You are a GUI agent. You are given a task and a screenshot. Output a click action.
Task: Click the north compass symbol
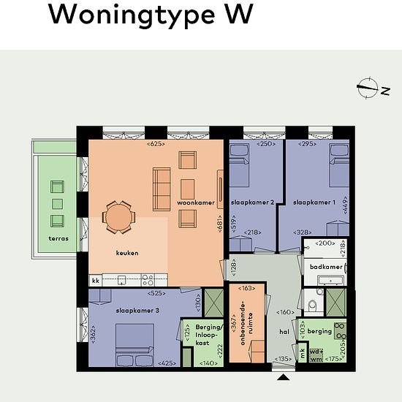click(x=368, y=88)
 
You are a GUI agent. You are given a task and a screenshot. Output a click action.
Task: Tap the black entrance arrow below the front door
click(x=284, y=377)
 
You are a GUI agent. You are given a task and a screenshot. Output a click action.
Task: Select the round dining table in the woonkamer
click(x=118, y=217)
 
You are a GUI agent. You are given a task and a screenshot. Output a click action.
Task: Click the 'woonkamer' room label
click(x=196, y=202)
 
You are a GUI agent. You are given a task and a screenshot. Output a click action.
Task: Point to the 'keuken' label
click(x=127, y=253)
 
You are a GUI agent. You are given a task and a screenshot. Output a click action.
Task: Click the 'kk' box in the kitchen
click(x=96, y=281)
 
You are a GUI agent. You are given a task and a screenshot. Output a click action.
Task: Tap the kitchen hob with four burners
click(x=148, y=280)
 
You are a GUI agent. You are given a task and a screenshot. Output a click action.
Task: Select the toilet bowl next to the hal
click(x=313, y=305)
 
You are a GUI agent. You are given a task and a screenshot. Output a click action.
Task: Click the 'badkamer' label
click(x=326, y=267)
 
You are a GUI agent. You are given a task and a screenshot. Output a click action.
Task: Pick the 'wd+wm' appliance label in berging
click(x=316, y=355)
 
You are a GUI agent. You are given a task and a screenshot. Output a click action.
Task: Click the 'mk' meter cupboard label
click(x=303, y=353)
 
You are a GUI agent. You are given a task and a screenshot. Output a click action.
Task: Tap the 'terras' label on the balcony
click(x=58, y=238)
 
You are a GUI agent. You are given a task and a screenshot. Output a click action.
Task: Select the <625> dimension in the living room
click(x=156, y=144)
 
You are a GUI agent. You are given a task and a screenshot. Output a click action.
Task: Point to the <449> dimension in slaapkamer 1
click(x=345, y=205)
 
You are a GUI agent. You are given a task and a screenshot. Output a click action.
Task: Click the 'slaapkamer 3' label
click(x=137, y=311)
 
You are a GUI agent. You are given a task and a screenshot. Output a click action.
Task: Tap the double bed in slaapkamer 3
click(x=134, y=345)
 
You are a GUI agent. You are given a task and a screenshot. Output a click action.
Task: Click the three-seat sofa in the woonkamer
click(x=162, y=189)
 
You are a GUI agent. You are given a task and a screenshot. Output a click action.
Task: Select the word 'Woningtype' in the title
click(x=132, y=15)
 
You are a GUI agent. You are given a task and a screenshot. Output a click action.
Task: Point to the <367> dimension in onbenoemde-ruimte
click(x=234, y=323)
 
